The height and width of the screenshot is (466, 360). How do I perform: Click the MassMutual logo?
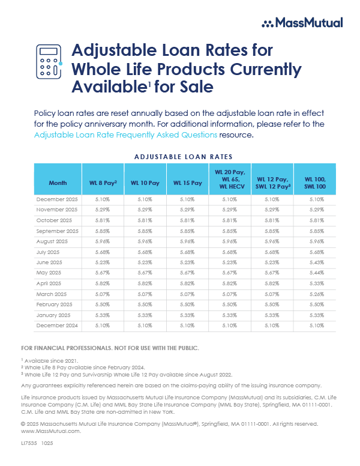coord(302,23)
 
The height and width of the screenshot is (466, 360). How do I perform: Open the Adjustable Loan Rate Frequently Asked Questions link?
coord(125,135)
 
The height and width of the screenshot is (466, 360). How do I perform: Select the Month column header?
coord(58,182)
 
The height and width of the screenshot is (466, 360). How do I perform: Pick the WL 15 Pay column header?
coord(187,182)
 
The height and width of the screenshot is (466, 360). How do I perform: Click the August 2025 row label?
coord(53,240)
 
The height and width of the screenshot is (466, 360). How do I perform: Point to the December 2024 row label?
coord(57,324)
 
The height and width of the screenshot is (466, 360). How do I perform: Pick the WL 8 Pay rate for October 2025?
coord(103,220)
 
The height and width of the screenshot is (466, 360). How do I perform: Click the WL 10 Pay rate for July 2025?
coord(145,251)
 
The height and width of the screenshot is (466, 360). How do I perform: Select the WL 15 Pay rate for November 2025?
coord(187,209)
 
